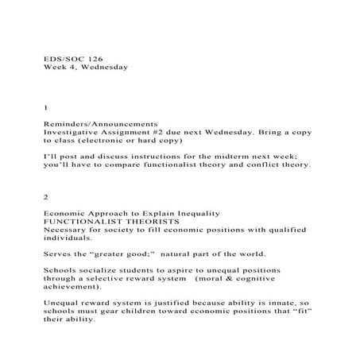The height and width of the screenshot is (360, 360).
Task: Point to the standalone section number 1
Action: pyautogui.click(x=46, y=106)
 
